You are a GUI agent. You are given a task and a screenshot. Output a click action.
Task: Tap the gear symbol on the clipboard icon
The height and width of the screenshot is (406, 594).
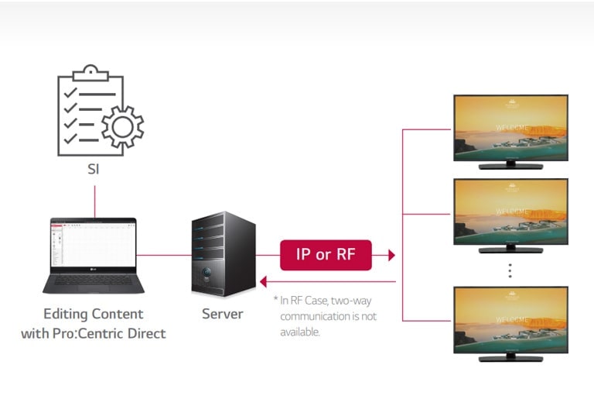122,126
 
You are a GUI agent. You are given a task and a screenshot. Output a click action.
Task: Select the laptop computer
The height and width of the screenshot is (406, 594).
93,255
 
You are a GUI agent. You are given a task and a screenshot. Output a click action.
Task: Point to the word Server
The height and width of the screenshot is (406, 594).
223,314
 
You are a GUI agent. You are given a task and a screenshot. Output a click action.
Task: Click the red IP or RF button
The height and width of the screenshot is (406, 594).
325,255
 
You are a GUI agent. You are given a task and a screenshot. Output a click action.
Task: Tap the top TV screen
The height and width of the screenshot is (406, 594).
510,127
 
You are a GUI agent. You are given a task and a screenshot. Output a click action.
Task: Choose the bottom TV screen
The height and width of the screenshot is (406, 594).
510,320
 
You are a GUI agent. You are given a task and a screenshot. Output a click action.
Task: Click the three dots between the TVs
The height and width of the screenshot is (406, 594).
510,270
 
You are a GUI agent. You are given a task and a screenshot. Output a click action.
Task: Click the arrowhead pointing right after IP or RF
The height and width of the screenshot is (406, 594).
391,255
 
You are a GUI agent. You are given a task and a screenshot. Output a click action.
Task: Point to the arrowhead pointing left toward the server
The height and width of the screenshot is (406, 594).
264,282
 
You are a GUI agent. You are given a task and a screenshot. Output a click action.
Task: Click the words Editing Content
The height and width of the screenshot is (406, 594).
93,314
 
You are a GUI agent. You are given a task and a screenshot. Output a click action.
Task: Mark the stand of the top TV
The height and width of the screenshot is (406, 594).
510,166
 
